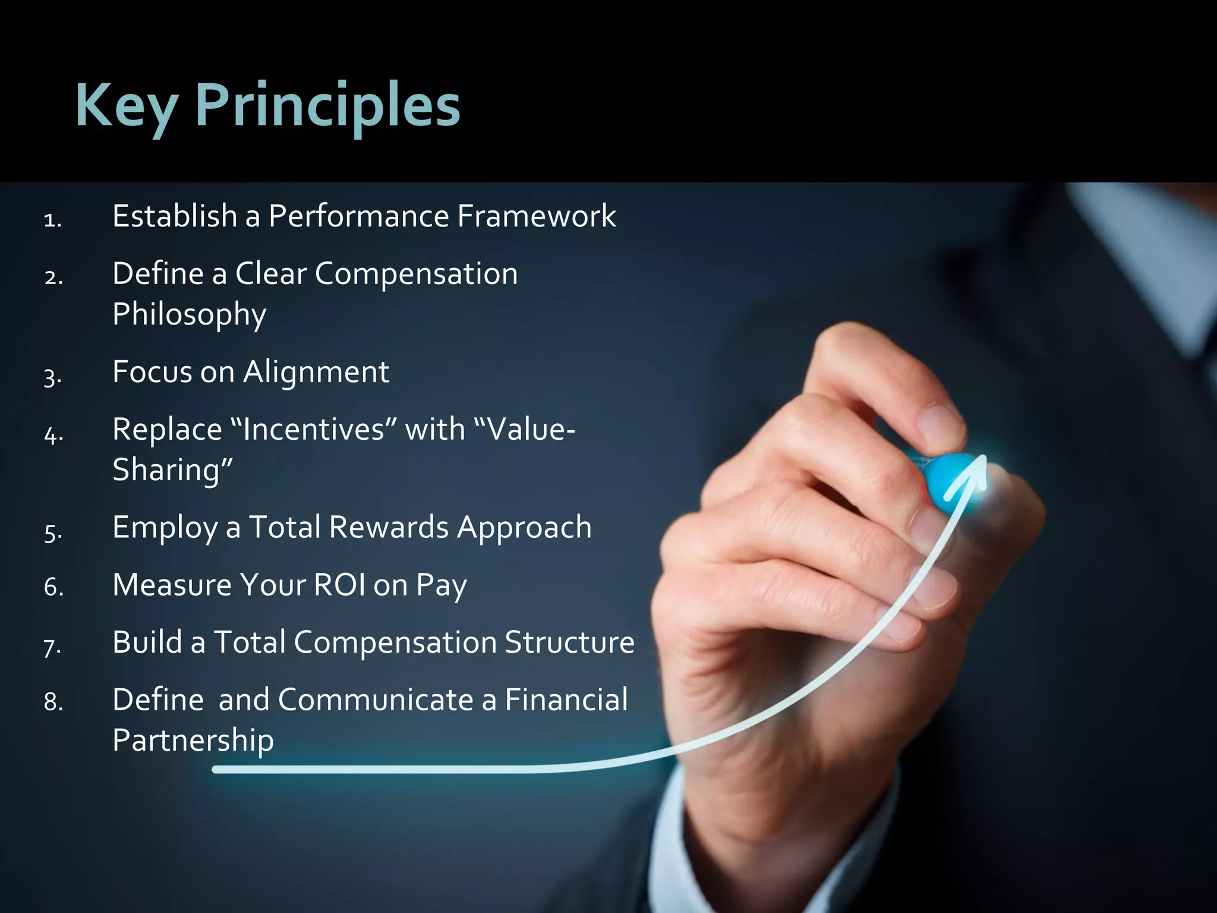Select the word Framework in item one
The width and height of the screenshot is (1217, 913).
pyautogui.click(x=537, y=216)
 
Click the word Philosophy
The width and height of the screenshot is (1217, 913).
pyautogui.click(x=189, y=314)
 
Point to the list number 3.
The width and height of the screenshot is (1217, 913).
pyautogui.click(x=52, y=377)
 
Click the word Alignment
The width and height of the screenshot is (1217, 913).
pyautogui.click(x=316, y=373)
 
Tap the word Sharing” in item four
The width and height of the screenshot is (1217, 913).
pyautogui.click(x=172, y=470)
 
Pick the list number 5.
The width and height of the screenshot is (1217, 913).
pyautogui.click(x=52, y=533)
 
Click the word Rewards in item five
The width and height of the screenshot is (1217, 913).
pyautogui.click(x=389, y=527)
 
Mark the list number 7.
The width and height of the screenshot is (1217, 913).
pyautogui.click(x=52, y=647)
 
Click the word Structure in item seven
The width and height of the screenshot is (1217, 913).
pyautogui.click(x=569, y=643)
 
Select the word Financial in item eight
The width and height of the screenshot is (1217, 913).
pyautogui.click(x=566, y=700)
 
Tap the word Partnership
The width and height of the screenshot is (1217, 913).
pyautogui.click(x=193, y=741)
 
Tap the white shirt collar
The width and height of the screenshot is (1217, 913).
pyautogui.click(x=1129, y=250)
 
